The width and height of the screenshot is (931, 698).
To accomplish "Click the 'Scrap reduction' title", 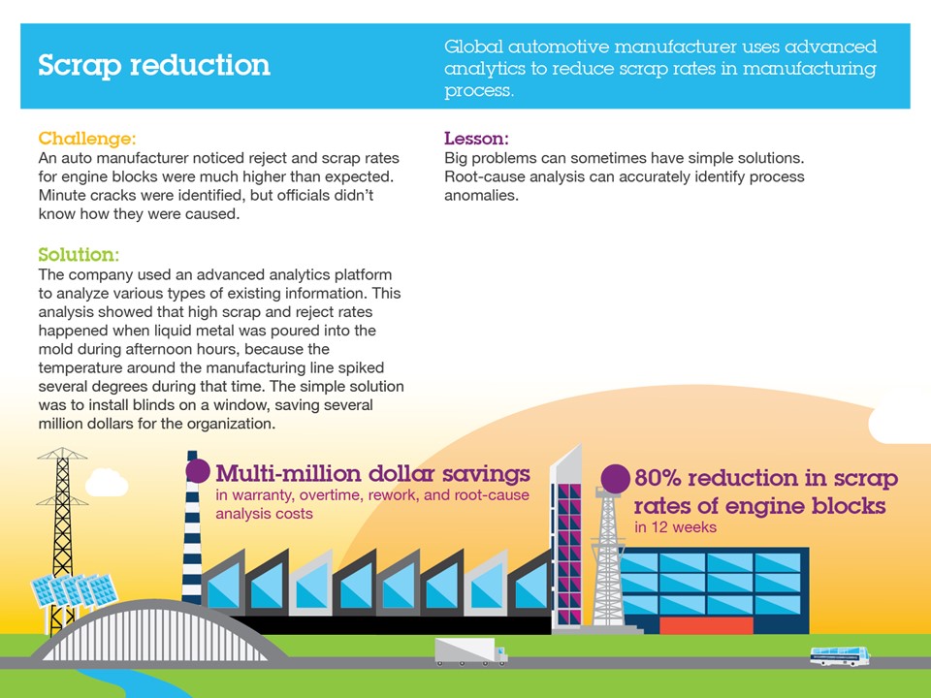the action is click(154, 65).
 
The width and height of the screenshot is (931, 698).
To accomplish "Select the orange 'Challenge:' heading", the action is click(87, 139).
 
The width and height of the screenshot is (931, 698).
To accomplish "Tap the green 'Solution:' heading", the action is click(79, 255).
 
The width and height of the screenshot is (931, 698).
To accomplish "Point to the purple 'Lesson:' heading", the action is click(476, 139).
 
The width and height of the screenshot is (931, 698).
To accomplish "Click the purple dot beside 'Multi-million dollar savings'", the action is click(198, 471).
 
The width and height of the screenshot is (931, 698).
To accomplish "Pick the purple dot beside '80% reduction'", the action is click(615, 478).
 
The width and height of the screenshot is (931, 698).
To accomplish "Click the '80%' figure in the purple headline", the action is click(658, 478).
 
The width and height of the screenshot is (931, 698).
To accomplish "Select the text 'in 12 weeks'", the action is click(675, 527).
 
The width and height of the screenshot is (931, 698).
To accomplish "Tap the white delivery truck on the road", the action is click(471, 651).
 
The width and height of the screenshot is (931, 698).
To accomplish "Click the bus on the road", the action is click(840, 656).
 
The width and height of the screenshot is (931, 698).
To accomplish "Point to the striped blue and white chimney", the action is click(192, 528).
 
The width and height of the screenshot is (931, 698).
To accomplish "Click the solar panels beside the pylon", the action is click(74, 590).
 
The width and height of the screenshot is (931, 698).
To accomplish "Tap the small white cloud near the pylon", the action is click(107, 483).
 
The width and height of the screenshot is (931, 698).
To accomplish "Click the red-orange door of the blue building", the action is click(706, 625).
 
